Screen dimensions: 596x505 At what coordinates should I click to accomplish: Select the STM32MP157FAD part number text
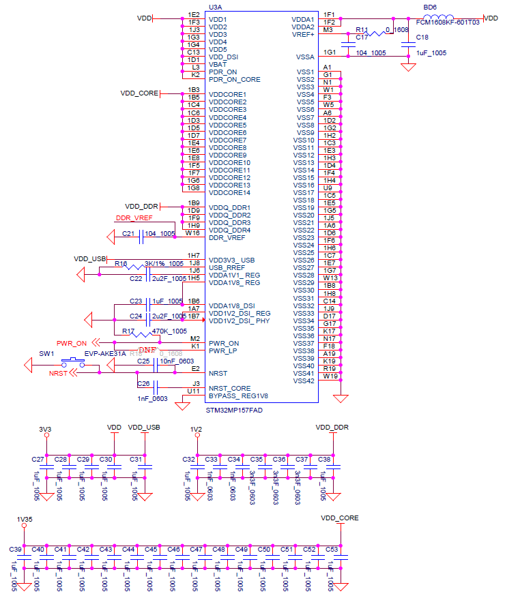tap(234, 411)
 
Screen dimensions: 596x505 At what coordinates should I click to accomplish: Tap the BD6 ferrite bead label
tap(430, 6)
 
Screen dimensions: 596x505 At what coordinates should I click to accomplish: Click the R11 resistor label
tap(362, 30)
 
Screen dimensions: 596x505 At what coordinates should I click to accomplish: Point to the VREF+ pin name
tap(303, 34)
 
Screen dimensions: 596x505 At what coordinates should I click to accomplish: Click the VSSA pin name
tap(305, 57)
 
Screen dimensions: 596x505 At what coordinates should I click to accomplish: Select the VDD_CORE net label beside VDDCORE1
tap(139, 93)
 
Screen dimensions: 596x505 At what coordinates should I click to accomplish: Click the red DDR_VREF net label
tap(134, 218)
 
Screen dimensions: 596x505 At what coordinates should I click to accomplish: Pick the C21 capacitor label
tap(128, 233)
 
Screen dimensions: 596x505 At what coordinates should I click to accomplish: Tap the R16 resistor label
tap(121, 263)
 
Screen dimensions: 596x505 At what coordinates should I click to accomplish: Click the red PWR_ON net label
tap(72, 343)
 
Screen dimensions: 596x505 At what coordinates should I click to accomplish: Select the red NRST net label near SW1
tap(58, 374)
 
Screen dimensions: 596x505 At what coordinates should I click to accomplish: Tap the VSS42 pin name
tap(304, 381)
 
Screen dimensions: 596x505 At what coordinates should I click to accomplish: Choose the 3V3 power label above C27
tap(45, 429)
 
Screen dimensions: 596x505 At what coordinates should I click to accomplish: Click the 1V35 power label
tap(24, 520)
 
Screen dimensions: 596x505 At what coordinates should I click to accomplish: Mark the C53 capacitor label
tap(332, 549)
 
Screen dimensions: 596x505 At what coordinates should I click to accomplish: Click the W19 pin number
tap(330, 376)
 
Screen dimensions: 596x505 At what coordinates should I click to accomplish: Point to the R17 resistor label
tap(128, 331)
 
